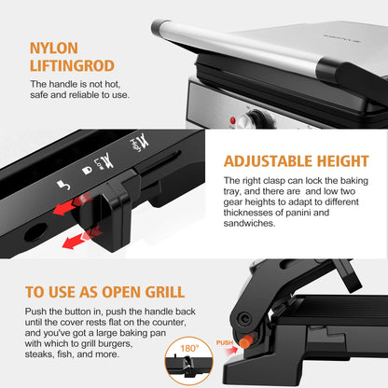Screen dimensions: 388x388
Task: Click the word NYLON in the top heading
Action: (x=53, y=48)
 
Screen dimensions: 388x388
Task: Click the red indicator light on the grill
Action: (x=233, y=121)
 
